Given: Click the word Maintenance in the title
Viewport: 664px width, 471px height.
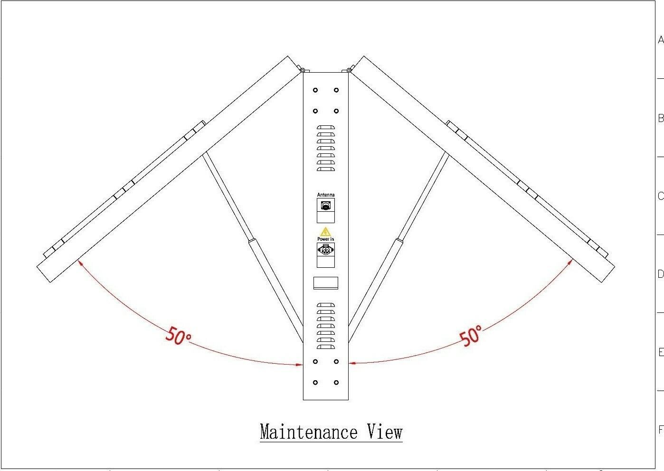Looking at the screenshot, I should pos(308,432).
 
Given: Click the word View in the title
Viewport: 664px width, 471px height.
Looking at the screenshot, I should pos(385,432).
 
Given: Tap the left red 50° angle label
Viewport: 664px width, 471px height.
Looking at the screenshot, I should pos(178,335).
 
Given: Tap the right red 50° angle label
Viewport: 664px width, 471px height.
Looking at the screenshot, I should pos(471,336).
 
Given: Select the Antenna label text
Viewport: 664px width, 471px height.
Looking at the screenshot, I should pos(325,195).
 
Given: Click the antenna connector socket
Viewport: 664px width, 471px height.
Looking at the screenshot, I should pos(325,207).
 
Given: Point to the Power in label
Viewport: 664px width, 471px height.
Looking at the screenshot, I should pos(325,239).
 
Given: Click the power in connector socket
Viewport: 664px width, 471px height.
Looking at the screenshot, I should pos(325,250).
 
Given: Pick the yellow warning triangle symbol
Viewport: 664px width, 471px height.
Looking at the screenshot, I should pos(325,232).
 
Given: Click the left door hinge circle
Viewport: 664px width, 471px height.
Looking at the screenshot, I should pos(302,71).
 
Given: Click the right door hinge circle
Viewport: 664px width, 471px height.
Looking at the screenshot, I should pos(349,71).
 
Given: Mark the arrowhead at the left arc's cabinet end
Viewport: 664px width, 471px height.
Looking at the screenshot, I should pos(300,365).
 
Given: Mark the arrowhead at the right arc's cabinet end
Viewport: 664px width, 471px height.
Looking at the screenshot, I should pos(352,363).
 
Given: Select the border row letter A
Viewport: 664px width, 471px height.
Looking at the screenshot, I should pos(660,40).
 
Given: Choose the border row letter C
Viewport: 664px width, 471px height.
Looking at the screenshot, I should pos(660,196).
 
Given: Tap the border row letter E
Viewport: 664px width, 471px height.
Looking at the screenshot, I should pos(660,352).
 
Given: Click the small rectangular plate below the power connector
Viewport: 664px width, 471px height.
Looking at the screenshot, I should pos(325,283).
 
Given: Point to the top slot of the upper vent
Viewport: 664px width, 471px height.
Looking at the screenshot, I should pos(325,127).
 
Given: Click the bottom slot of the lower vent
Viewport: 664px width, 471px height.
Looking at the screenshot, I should pos(325,347).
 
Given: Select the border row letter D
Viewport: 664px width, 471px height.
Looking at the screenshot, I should pos(660,274).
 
